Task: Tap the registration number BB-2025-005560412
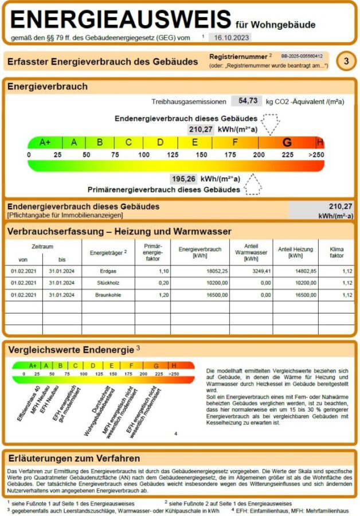(302, 56)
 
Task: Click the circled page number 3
(346, 61)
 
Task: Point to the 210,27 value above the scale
(201, 130)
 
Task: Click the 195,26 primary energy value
(183, 178)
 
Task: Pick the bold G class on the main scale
(287, 142)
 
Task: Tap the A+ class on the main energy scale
(45, 142)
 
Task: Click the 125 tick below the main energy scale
(173, 155)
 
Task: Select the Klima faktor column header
(336, 252)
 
